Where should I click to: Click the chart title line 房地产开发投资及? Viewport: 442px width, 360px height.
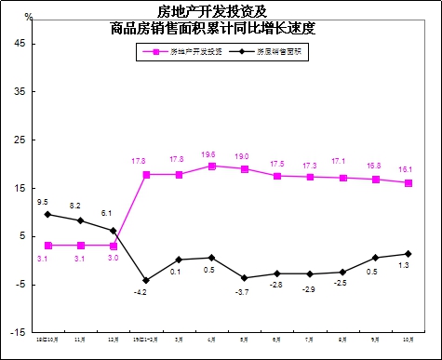(x=220, y=12)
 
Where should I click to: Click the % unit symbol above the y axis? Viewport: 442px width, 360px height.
(x=28, y=17)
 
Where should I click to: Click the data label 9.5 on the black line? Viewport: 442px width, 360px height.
(x=42, y=202)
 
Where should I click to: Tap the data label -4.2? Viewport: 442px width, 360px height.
(x=140, y=293)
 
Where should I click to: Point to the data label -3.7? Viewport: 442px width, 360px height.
(x=244, y=292)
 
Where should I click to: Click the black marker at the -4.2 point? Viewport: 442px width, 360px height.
(x=146, y=280)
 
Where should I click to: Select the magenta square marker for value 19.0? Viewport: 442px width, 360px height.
(x=245, y=169)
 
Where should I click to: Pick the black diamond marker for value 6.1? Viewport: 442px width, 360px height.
(x=114, y=231)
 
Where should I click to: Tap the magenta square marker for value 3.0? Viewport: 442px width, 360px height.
(x=114, y=246)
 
